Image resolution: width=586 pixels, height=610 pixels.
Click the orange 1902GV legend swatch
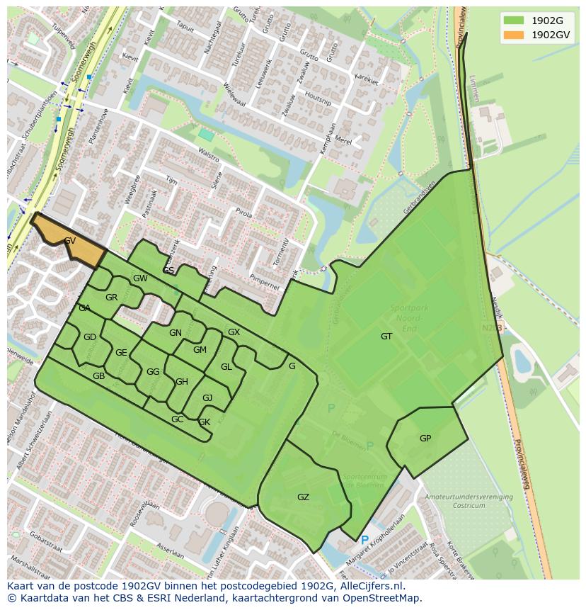515,35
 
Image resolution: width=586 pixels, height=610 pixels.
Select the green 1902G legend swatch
515,20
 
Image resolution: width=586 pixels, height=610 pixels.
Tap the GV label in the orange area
70,241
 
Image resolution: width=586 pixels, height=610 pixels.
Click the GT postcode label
386,337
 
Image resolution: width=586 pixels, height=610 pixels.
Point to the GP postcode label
425,439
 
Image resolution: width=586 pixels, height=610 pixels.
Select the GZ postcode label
303,497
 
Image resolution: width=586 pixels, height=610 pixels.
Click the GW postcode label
140,278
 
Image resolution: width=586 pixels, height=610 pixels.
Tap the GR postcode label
111,298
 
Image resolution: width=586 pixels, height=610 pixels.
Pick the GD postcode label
89,337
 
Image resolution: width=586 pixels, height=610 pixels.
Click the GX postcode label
234,332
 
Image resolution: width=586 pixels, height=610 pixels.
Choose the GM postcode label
200,350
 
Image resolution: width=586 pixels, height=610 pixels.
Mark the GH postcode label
182,382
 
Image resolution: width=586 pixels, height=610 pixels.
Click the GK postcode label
204,422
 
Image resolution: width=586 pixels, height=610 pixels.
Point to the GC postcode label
177,419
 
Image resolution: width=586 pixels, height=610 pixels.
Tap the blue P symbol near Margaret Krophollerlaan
364,541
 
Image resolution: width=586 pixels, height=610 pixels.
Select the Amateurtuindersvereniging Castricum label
469,502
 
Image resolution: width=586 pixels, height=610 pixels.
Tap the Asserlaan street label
170,550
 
